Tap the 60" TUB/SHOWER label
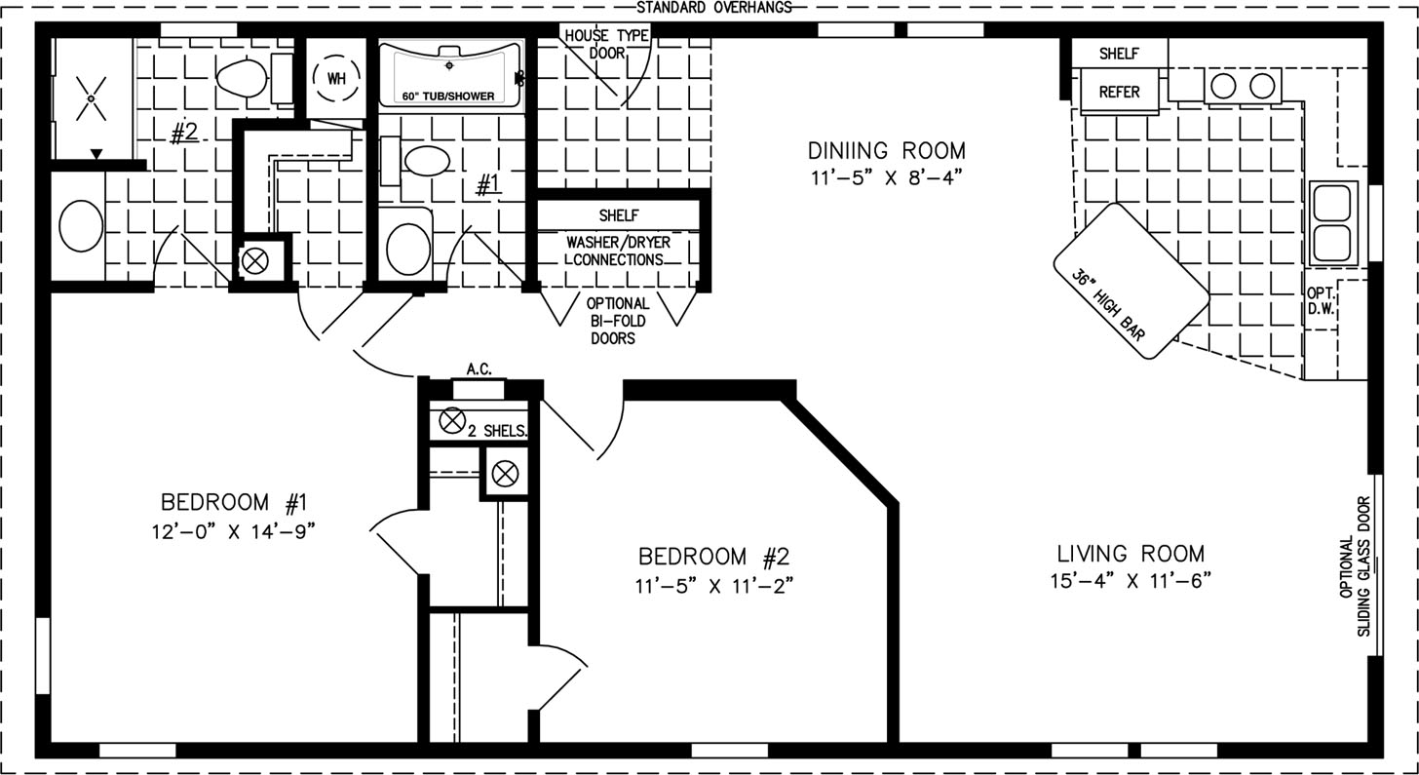pyautogui.click(x=448, y=97)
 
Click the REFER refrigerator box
pyautogui.click(x=1120, y=92)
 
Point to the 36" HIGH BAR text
pyautogui.click(x=1109, y=305)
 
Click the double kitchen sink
pyautogui.click(x=1333, y=223)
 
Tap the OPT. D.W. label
pyautogui.click(x=1321, y=301)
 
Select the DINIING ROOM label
pyautogui.click(x=886, y=151)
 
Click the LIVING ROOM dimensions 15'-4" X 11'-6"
pyautogui.click(x=1131, y=580)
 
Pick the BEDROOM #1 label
pyautogui.click(x=234, y=502)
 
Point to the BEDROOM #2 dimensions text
pyautogui.click(x=714, y=586)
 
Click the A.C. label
pyautogui.click(x=479, y=368)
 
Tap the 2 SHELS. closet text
pyautogui.click(x=497, y=432)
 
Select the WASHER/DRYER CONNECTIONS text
pyautogui.click(x=618, y=251)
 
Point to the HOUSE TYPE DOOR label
pyautogui.click(x=607, y=45)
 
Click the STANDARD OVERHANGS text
pyautogui.click(x=714, y=8)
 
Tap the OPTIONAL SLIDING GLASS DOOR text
pyautogui.click(x=1355, y=565)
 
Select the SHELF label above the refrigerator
pyautogui.click(x=1120, y=54)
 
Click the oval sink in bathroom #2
pyautogui.click(x=81, y=226)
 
